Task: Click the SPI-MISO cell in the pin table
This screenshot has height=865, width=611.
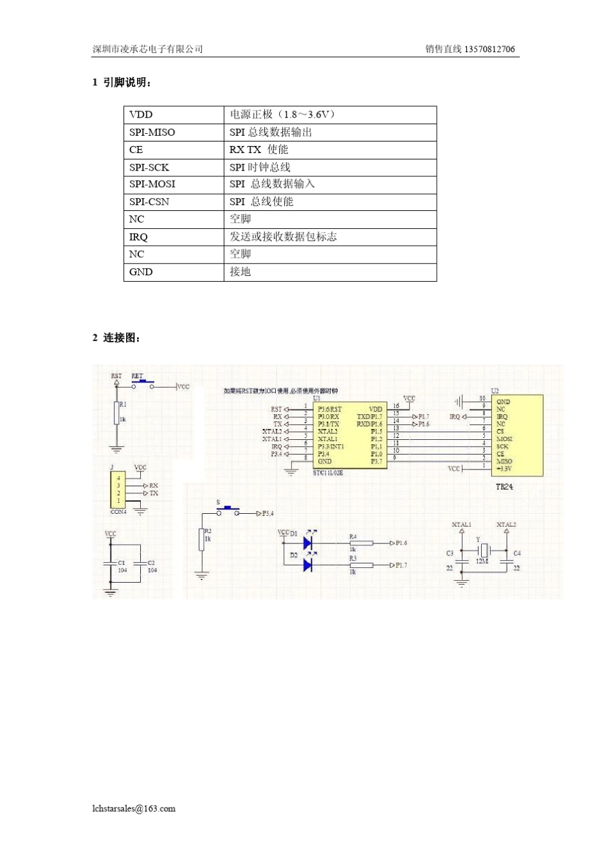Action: (152, 132)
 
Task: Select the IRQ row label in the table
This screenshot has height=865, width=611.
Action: (138, 237)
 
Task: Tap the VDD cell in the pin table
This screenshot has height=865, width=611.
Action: (141, 114)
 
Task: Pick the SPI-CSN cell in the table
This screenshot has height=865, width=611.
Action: (149, 202)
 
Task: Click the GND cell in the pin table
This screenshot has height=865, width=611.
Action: (141, 272)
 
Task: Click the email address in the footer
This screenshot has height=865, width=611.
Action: (134, 808)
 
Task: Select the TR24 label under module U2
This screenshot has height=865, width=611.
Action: (504, 487)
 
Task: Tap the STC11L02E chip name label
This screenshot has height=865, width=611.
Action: (328, 473)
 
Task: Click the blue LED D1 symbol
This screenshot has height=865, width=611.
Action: (307, 543)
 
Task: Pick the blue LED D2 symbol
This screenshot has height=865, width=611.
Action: (307, 565)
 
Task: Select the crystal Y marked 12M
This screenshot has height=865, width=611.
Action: (483, 551)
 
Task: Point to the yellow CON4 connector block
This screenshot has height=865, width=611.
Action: (118, 489)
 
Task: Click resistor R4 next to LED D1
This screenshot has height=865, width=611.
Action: (361, 543)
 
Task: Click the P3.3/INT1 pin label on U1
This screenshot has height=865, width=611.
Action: (331, 446)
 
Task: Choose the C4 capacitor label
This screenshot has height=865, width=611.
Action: (517, 553)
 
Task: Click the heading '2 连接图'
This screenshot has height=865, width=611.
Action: (116, 338)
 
